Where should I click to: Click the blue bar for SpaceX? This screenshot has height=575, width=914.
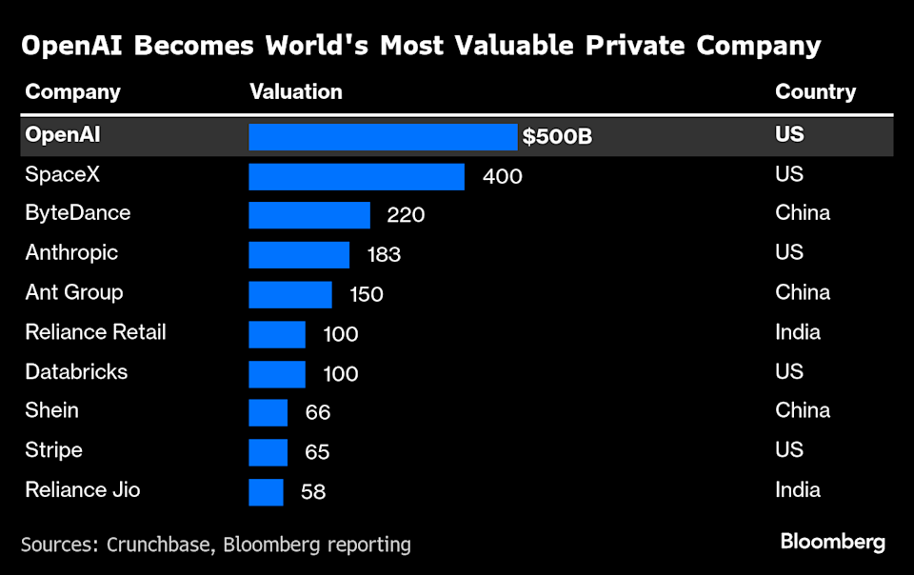356,176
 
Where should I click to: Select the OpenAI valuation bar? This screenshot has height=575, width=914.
383,137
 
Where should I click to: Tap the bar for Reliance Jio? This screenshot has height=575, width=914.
266,492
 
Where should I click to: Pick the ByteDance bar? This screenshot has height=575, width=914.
309,215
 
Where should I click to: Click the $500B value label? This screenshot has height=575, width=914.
557,137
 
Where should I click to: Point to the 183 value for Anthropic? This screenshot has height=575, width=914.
384,255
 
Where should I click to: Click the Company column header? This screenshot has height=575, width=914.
72,92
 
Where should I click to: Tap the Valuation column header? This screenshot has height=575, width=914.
295,92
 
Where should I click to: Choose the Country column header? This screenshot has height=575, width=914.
815,92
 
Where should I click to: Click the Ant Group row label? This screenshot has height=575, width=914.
73,292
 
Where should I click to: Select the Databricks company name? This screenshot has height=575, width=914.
76,371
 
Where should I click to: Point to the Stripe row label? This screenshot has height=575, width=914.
53,449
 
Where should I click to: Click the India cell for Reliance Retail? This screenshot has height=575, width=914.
798,332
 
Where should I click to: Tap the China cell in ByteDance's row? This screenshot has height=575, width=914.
803,212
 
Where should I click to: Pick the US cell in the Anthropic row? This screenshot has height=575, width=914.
789,252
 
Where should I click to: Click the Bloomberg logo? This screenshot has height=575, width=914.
832,543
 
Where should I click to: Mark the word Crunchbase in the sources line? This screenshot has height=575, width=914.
161,545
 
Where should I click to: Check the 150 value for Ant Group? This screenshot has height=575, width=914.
366,294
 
